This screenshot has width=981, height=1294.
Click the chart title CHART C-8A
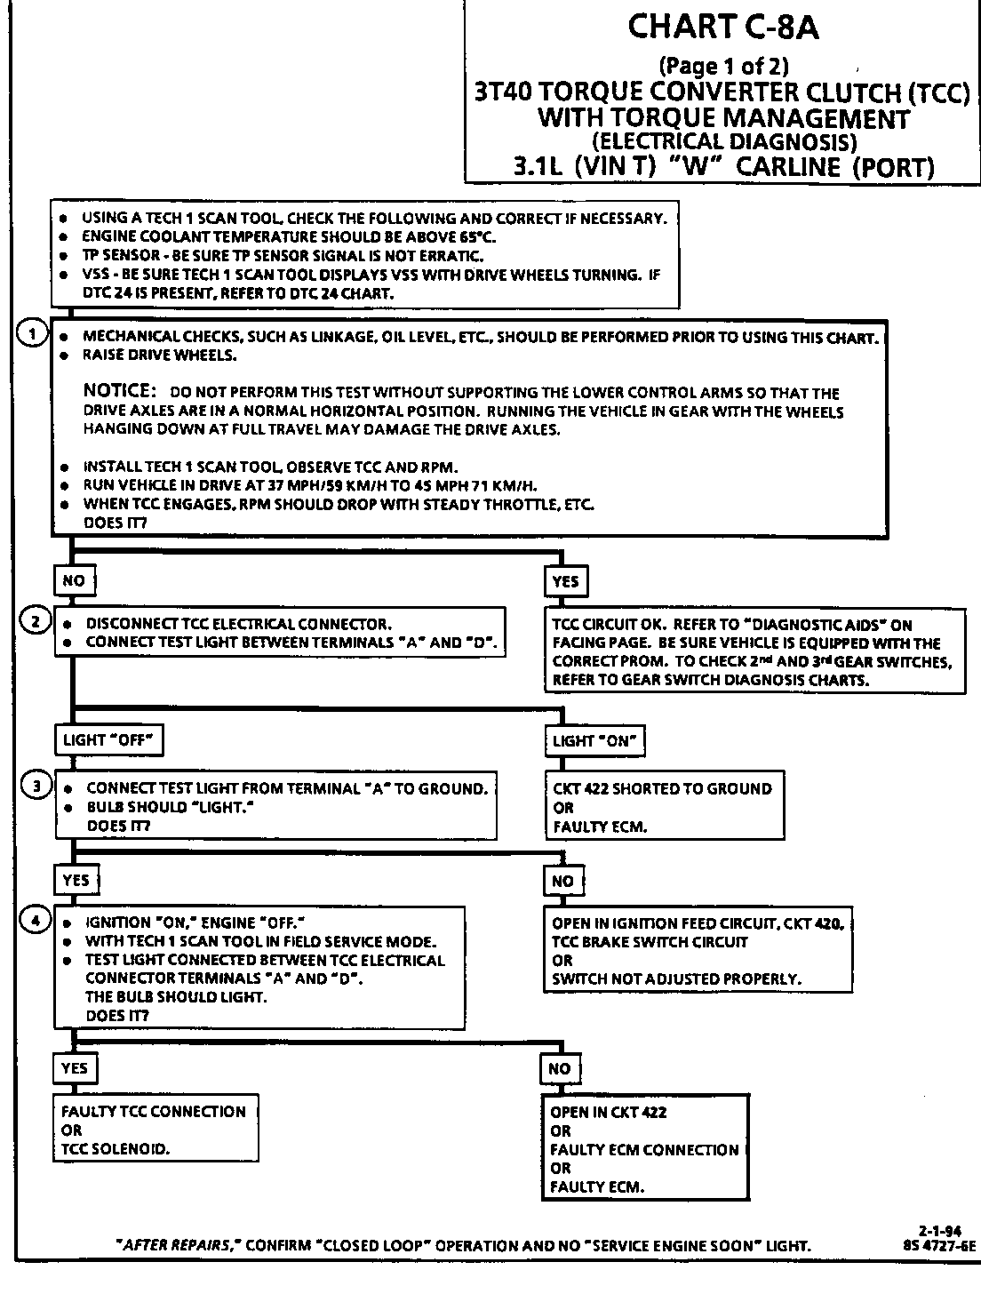[x=723, y=28]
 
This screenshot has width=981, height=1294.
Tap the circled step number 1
[x=34, y=334]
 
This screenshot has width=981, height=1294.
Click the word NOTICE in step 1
[x=119, y=391]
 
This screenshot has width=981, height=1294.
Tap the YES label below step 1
[x=565, y=581]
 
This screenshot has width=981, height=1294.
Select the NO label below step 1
[x=74, y=581]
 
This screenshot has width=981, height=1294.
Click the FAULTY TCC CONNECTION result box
[x=156, y=1130]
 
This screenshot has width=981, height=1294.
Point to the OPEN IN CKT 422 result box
[x=645, y=1148]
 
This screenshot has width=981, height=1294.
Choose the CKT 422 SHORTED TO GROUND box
[x=664, y=807]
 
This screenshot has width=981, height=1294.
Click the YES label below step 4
[x=75, y=1068]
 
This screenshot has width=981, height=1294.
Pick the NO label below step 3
[x=562, y=882]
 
